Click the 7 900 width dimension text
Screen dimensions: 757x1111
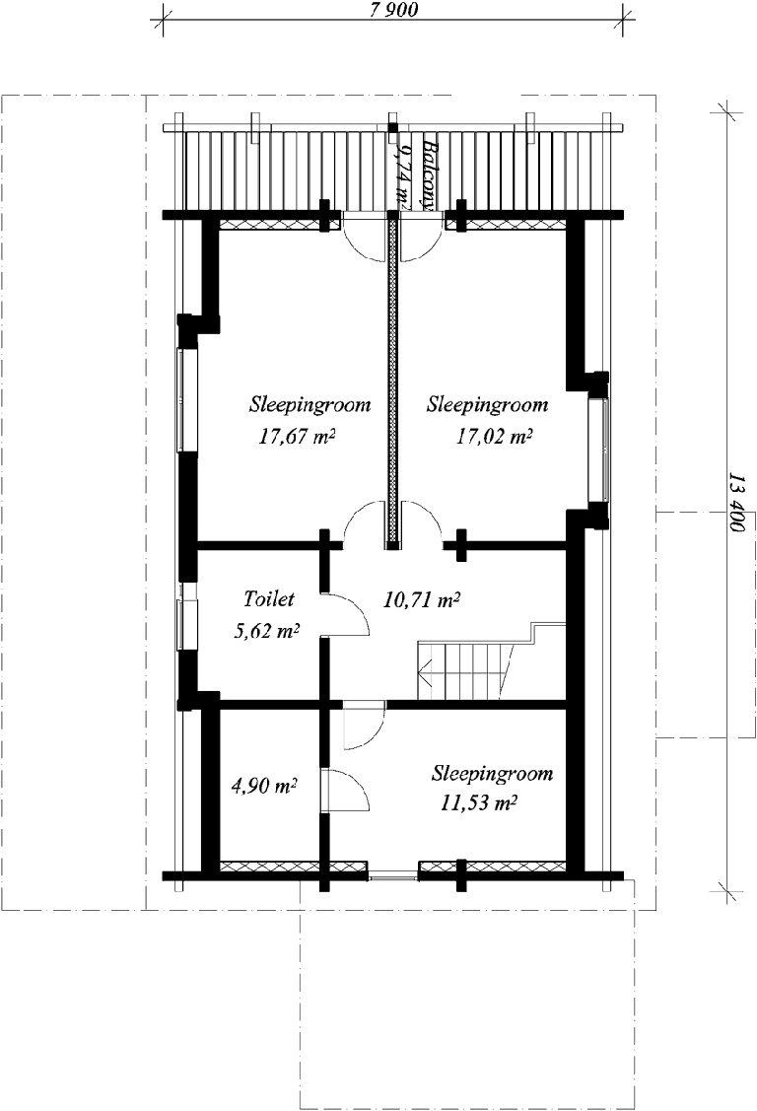[393, 9]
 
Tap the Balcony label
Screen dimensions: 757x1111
[428, 173]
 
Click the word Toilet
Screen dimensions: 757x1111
[269, 598]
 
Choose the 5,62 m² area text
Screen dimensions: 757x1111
[265, 631]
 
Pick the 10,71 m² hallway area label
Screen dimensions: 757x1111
[422, 601]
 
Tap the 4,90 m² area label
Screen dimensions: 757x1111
[264, 786]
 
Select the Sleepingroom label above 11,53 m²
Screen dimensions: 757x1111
[492, 773]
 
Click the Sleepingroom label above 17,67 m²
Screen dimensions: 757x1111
[310, 405]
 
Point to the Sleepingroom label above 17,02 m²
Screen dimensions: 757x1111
[487, 405]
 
